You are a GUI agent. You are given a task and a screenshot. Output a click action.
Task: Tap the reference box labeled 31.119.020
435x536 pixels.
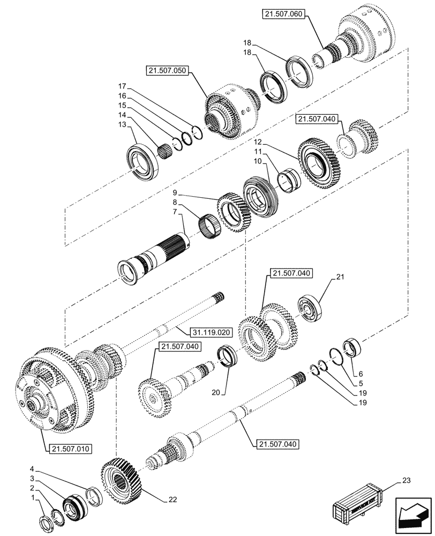click(x=210, y=332)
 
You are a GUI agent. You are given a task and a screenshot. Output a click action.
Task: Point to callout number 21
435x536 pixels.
click(x=339, y=277)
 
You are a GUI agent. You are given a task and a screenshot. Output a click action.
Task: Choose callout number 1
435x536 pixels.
click(x=35, y=497)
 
